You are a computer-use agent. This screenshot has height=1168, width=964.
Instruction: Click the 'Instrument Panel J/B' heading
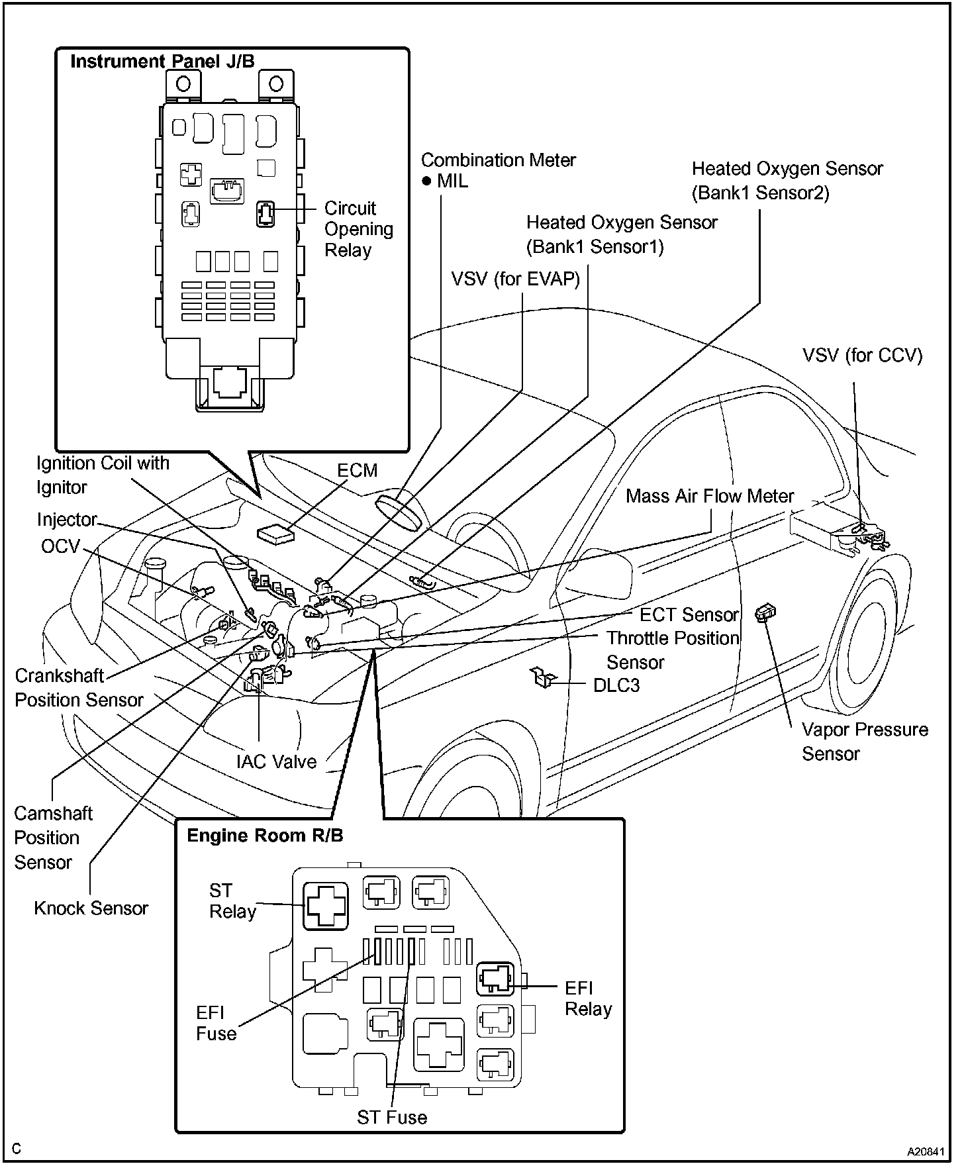pyautogui.click(x=162, y=62)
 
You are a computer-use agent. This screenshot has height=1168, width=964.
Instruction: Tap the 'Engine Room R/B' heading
pyautogui.click(x=265, y=836)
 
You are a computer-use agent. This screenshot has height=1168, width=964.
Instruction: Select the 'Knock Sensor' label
pyautogui.click(x=91, y=908)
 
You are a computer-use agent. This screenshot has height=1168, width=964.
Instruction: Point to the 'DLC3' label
pyautogui.click(x=616, y=685)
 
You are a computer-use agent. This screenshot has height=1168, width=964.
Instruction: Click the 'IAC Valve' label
pyautogui.click(x=276, y=761)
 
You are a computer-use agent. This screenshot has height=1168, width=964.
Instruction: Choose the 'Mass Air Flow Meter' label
pyautogui.click(x=710, y=496)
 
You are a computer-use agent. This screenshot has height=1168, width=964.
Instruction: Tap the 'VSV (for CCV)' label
pyautogui.click(x=862, y=356)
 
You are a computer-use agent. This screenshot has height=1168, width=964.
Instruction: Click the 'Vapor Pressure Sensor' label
pyautogui.click(x=864, y=742)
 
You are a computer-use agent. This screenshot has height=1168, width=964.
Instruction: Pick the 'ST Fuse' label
pyautogui.click(x=392, y=1118)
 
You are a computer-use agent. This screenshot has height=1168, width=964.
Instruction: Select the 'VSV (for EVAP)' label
pyautogui.click(x=515, y=279)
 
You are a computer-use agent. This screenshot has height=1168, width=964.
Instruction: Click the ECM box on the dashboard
pyautogui.click(x=275, y=534)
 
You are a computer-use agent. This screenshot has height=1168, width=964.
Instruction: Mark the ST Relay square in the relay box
pyautogui.click(x=326, y=905)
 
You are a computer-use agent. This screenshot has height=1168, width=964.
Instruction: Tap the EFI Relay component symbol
pyautogui.click(x=495, y=979)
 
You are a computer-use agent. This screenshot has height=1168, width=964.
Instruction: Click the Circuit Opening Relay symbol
pyautogui.click(x=265, y=214)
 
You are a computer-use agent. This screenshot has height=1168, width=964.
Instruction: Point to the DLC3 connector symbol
pyautogui.click(x=542, y=677)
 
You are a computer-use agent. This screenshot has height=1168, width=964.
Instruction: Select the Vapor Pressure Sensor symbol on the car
pyautogui.click(x=765, y=613)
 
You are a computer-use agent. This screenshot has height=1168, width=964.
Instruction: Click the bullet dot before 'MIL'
pyautogui.click(x=427, y=181)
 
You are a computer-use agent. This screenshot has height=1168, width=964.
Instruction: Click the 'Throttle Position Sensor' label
pyautogui.click(x=673, y=650)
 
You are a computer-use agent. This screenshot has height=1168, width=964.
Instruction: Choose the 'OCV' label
pyautogui.click(x=60, y=546)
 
